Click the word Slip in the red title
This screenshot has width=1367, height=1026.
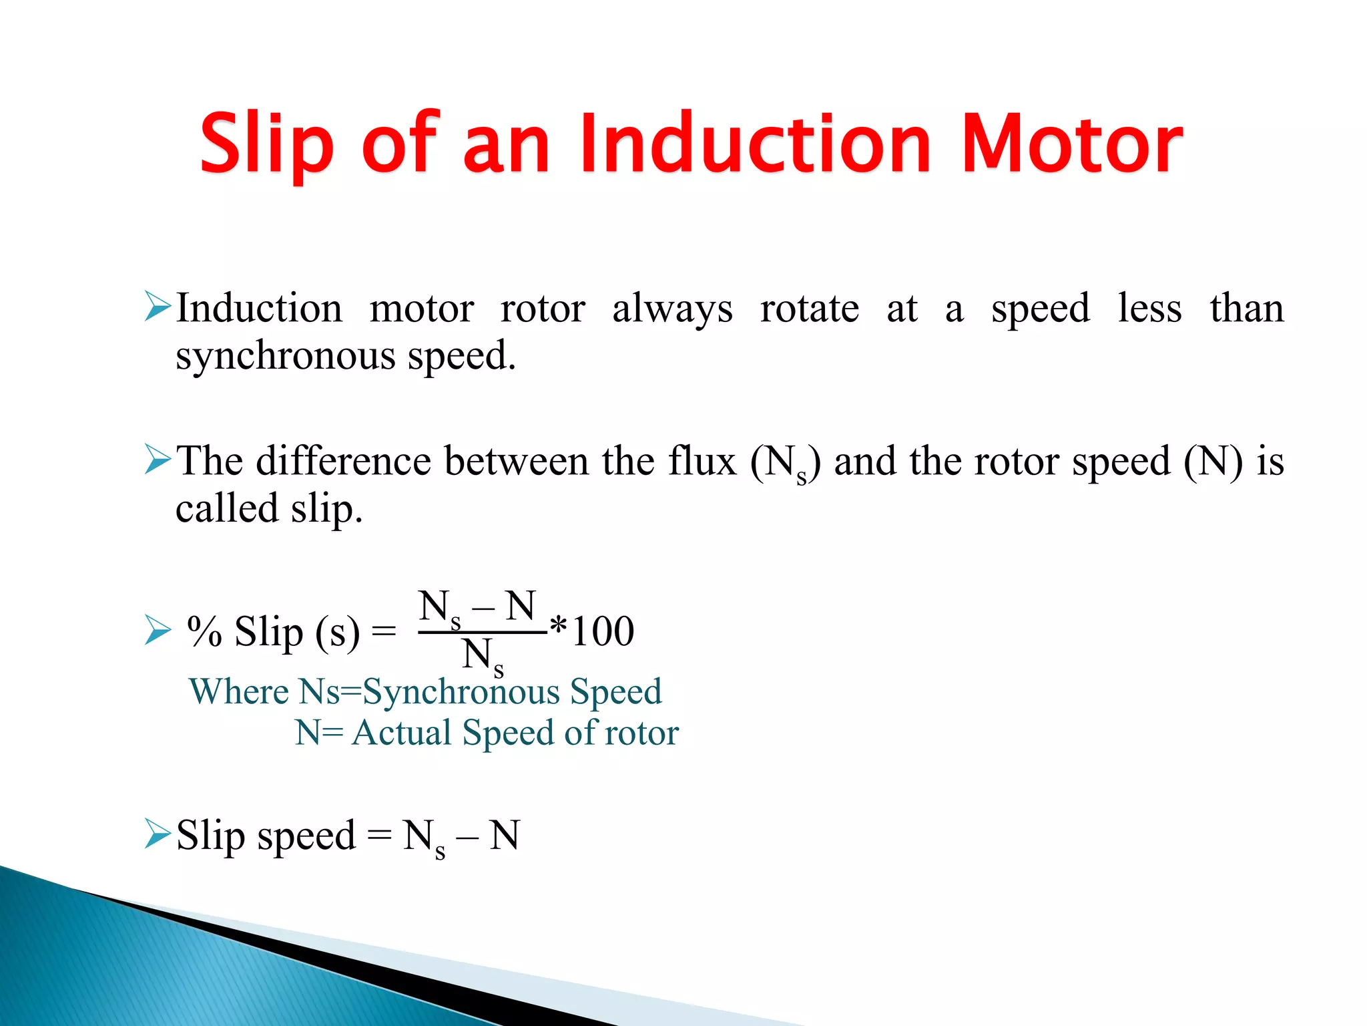[x=266, y=144]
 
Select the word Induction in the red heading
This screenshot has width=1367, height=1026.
[x=754, y=144]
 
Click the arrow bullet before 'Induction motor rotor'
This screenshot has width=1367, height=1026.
[x=158, y=307]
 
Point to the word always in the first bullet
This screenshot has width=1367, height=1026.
[x=672, y=309]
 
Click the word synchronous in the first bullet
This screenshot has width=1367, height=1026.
[x=286, y=356]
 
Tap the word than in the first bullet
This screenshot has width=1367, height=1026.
[x=1246, y=309]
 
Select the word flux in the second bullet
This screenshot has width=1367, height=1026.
[x=702, y=461]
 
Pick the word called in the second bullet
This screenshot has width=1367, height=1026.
[x=226, y=509]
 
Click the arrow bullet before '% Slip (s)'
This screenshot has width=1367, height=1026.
[x=158, y=631]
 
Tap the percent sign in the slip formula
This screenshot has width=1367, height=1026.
[x=204, y=631]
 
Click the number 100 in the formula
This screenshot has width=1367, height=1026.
[x=603, y=631]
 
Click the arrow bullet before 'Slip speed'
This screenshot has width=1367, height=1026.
[x=158, y=835]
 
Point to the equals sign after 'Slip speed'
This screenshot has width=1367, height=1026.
[x=378, y=835]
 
